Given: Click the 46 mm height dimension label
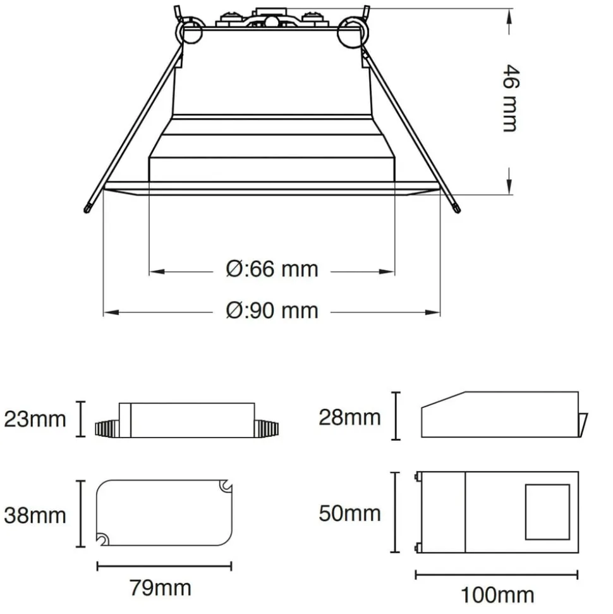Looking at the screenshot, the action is click(x=511, y=98).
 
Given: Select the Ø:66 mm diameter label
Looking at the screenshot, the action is click(x=272, y=269).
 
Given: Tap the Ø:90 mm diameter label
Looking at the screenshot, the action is click(x=272, y=311).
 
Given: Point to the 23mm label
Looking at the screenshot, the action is click(x=35, y=419).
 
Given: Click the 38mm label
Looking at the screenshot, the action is click(x=35, y=515).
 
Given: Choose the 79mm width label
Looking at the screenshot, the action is click(x=161, y=588).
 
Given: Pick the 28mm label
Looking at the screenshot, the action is click(x=349, y=417).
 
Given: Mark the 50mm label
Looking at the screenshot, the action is click(x=349, y=513).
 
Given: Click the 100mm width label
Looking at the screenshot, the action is click(x=497, y=596).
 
